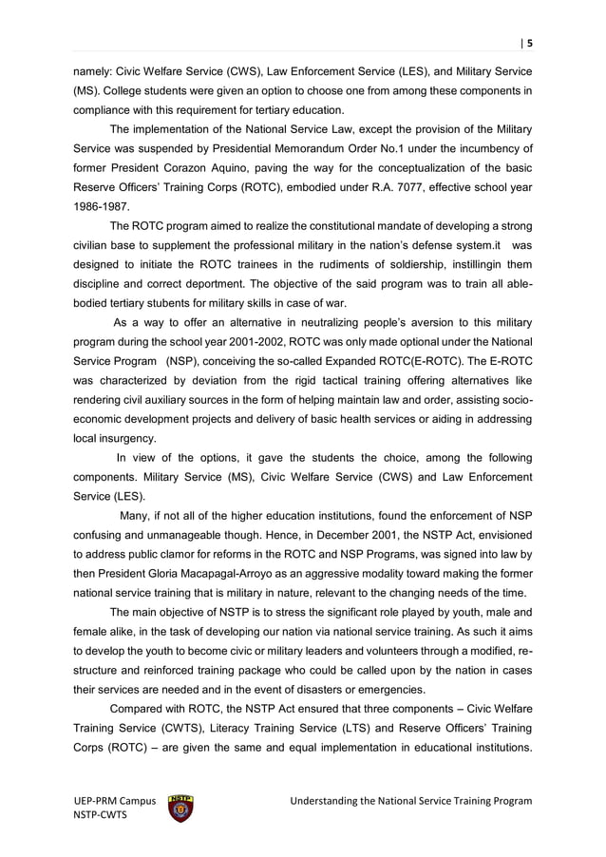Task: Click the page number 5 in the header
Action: pos(529,42)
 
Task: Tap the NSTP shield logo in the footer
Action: pos(180,807)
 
